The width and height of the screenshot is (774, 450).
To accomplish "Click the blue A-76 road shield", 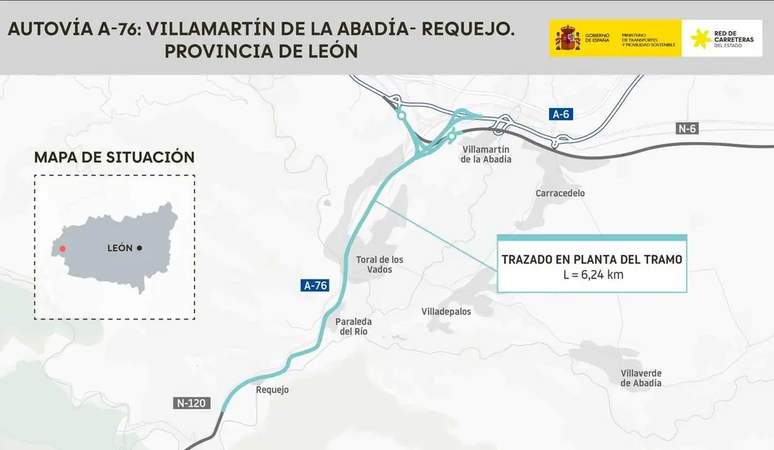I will pyautogui.click(x=315, y=286).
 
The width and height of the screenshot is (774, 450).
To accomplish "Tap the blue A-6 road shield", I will pyautogui.click(x=561, y=114).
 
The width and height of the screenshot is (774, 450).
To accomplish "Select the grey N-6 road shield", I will pyautogui.click(x=687, y=129).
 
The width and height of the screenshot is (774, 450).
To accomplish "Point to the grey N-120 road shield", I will pyautogui.click(x=190, y=403).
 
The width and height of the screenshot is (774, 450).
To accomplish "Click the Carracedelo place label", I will pyautogui.click(x=560, y=193).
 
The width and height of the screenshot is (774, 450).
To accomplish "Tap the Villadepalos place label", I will pyautogui.click(x=446, y=311).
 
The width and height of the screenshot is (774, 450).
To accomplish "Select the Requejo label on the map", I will pyautogui.click(x=272, y=390).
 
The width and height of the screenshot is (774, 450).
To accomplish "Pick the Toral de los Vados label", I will pyautogui.click(x=379, y=264).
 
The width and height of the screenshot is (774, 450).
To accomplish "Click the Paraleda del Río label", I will pyautogui.click(x=354, y=326).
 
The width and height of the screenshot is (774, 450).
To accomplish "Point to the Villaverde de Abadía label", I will pyautogui.click(x=641, y=378).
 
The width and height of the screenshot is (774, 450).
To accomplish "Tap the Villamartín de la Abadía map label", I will pyautogui.click(x=486, y=154).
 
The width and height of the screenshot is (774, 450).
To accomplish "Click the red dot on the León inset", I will pyautogui.click(x=62, y=249).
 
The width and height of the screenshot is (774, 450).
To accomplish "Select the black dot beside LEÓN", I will pyautogui.click(x=139, y=248).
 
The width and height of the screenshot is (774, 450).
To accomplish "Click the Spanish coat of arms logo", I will pyautogui.click(x=568, y=38).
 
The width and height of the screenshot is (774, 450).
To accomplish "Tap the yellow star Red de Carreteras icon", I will pyautogui.click(x=701, y=39).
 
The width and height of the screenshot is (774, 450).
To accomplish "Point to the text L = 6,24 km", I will pyautogui.click(x=592, y=274).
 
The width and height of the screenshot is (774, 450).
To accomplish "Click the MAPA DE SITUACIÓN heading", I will pyautogui.click(x=114, y=157).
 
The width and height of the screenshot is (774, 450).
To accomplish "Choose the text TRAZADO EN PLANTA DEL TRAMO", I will pyautogui.click(x=592, y=259).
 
